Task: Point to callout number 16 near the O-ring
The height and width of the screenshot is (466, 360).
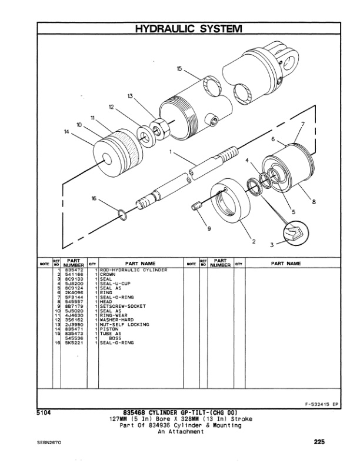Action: (94, 199)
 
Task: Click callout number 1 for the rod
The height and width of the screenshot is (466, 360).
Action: (171, 152)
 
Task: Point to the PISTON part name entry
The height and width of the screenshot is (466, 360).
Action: (110, 328)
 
